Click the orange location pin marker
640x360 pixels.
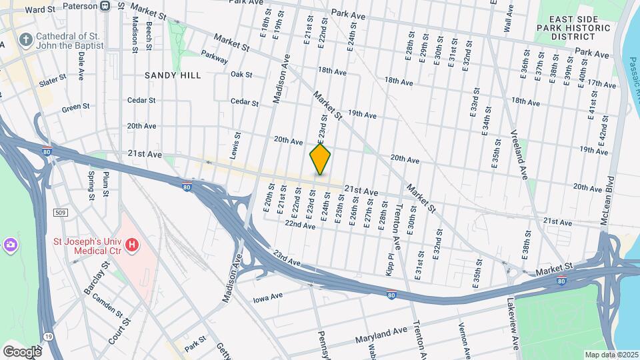point(321,159)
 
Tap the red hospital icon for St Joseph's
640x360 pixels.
point(132,245)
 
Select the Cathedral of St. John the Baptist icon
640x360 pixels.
point(25,39)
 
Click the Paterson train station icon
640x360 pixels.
point(105,6)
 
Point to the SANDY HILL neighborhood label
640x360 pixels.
point(173,75)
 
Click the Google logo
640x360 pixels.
point(22,351)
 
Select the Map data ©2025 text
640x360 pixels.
point(609,355)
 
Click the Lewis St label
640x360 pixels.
point(235,145)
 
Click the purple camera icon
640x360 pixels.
point(10,245)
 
